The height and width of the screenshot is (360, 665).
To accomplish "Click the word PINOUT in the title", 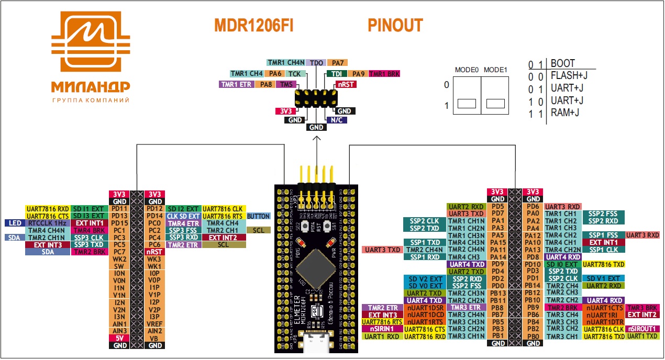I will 395,25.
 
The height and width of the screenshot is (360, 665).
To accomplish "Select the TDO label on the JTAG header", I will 316,63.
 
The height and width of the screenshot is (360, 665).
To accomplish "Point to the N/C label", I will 335,119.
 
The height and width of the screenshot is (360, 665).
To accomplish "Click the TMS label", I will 287,84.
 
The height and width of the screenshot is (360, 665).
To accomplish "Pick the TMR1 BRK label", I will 384,74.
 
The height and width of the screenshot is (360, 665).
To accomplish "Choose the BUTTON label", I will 258,216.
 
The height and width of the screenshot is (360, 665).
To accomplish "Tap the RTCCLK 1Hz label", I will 47,223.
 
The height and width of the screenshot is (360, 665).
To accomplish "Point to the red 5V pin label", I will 119,338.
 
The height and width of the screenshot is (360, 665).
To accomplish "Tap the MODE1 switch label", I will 495,70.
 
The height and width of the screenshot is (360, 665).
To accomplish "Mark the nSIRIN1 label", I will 382,329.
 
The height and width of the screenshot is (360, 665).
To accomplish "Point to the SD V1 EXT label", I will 603,278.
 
